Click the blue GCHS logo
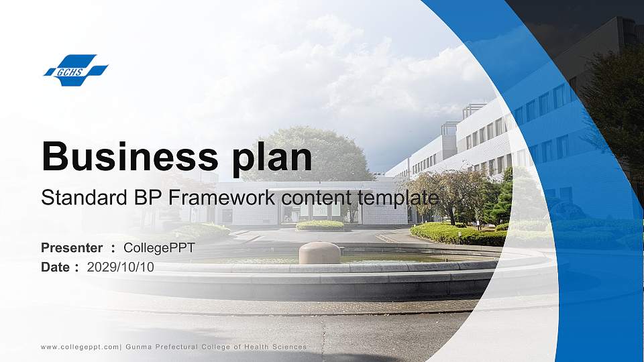pyautogui.click(x=76, y=70)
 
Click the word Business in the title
pyautogui.click(x=128, y=157)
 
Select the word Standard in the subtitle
pyautogui.click(x=79, y=198)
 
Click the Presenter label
pyautogui.click(x=72, y=248)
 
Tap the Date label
pyautogui.click(x=55, y=267)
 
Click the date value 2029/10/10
pyautogui.click(x=121, y=267)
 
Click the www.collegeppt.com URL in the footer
pyautogui.click(x=80, y=347)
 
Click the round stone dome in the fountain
pyautogui.click(x=319, y=253)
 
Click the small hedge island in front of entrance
pyautogui.click(x=320, y=225)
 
